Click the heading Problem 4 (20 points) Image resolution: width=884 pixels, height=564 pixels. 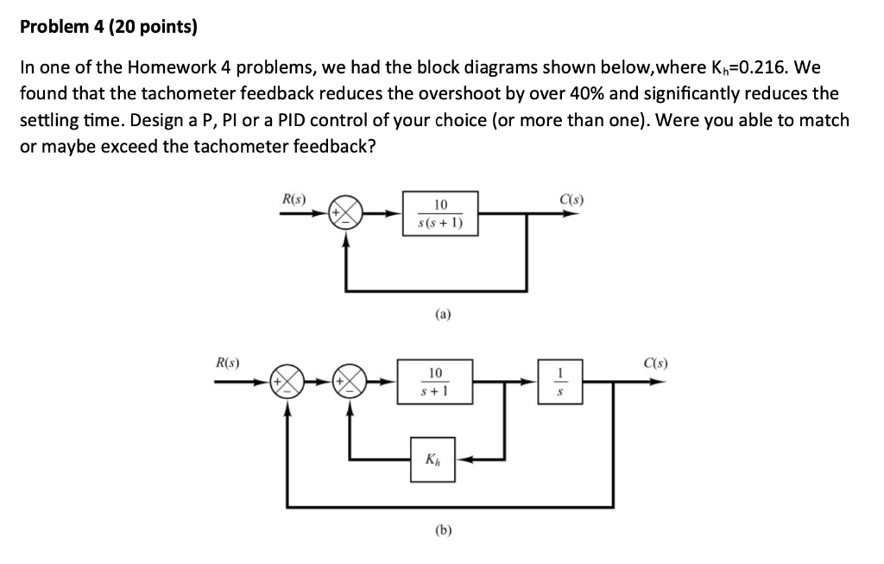pos(108,28)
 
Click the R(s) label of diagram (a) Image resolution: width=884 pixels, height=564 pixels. pos(294,200)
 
